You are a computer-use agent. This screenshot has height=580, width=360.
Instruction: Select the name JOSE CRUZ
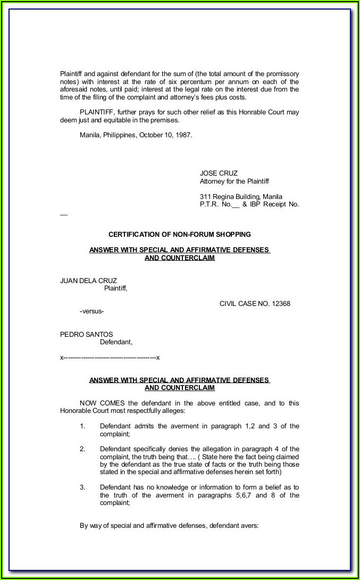tap(219, 173)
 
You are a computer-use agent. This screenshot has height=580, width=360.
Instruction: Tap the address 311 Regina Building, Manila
tap(241, 196)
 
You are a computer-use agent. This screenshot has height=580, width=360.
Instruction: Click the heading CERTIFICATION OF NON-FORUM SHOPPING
tap(180, 234)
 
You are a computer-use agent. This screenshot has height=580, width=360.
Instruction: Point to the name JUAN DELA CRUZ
tap(88, 281)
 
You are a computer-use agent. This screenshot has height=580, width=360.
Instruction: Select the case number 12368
tap(281, 304)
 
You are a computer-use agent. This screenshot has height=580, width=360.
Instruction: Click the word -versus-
tap(91, 311)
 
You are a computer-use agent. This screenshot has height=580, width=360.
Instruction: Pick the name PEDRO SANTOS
tap(86, 334)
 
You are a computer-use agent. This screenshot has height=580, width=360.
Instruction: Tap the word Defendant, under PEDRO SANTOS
tap(116, 342)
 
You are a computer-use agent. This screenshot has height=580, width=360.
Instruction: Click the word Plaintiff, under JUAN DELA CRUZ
tap(115, 289)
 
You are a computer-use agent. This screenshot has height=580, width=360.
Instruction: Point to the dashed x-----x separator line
tap(110, 358)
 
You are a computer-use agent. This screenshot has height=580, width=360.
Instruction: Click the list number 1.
tap(82, 426)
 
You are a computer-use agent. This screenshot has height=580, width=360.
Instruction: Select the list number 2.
tap(82, 449)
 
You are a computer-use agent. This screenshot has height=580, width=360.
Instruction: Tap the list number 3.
tap(82, 487)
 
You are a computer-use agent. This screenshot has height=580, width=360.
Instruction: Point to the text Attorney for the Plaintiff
tap(235, 181)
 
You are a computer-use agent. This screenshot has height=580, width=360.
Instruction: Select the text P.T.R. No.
tap(215, 204)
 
